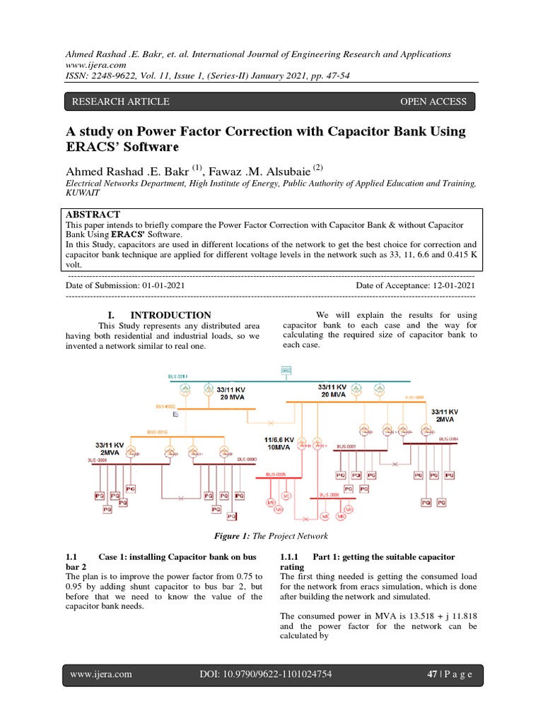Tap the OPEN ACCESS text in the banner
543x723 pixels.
coord(433,102)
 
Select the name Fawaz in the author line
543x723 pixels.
coord(228,171)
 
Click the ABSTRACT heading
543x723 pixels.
coord(93,214)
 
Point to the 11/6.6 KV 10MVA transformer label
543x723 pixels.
coord(279,443)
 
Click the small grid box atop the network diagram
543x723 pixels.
coord(286,370)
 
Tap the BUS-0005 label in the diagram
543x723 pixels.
coord(276,474)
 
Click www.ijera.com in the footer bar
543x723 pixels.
coord(101,674)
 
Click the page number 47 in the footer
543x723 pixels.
coord(433,674)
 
